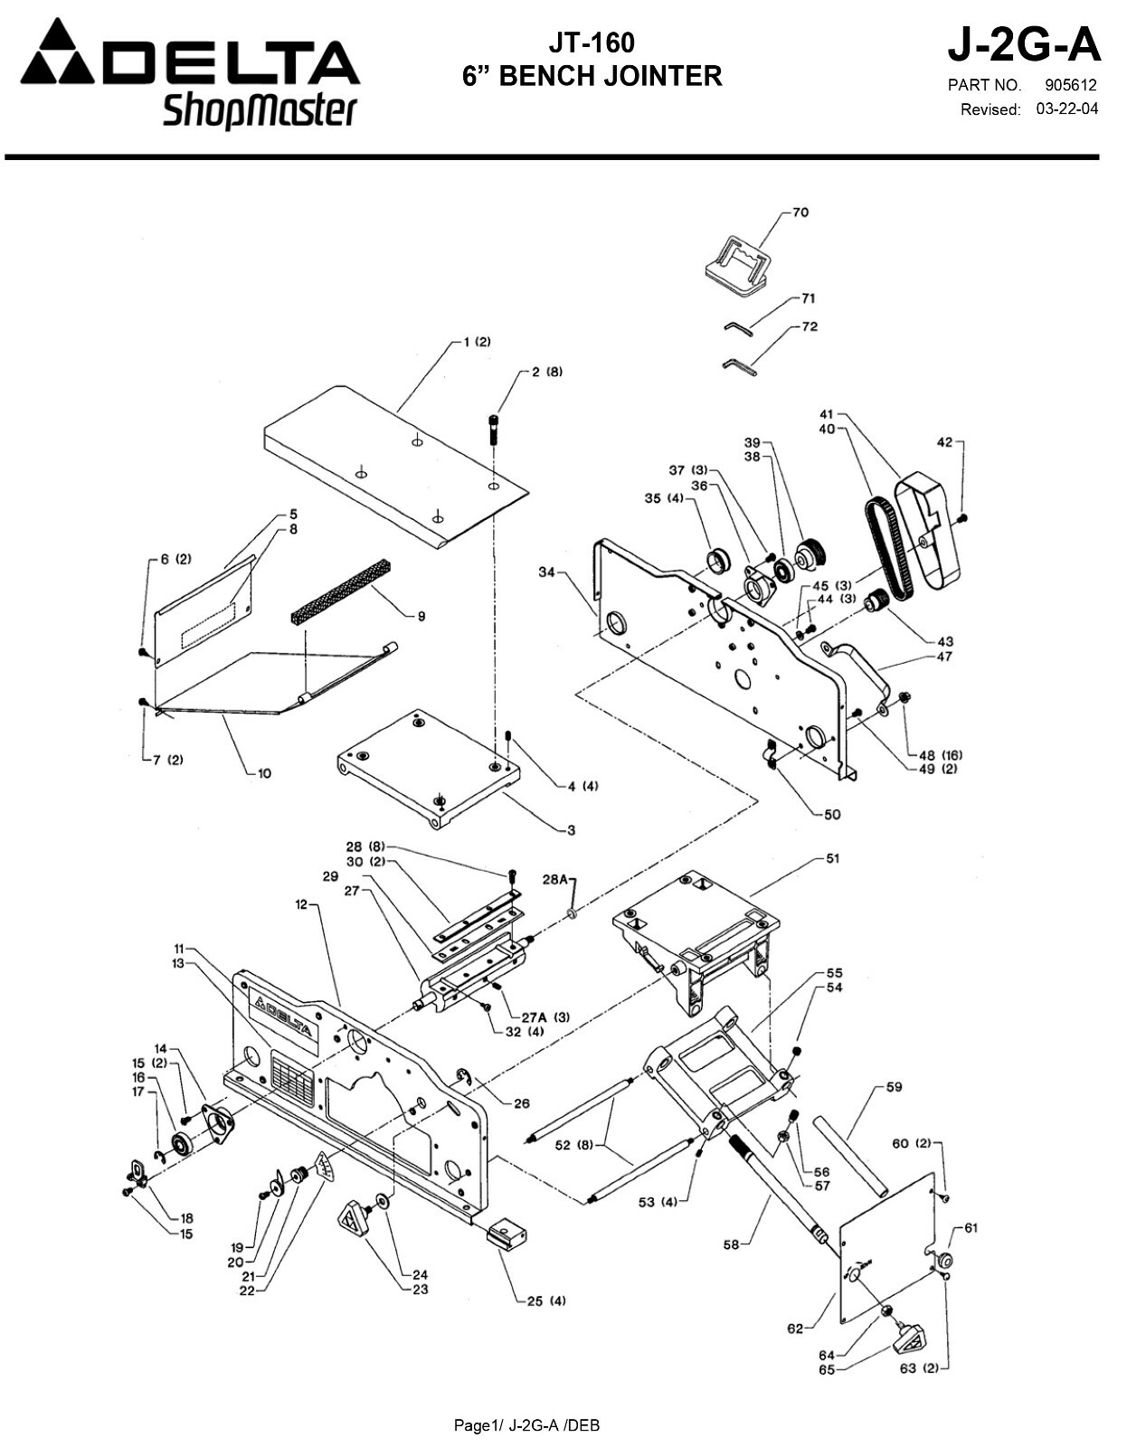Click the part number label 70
[x=800, y=213]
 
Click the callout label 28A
[x=554, y=879]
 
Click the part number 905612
[x=1070, y=86]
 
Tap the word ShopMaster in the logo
[x=260, y=112]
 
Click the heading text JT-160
[x=592, y=43]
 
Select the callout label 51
[x=832, y=858]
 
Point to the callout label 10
[x=264, y=773]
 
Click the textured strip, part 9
[x=341, y=592]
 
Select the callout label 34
[x=545, y=572]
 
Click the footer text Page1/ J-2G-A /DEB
[x=526, y=1426]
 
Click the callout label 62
[x=795, y=1329]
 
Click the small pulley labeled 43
[x=876, y=601]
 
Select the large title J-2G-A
[x=1023, y=43]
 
